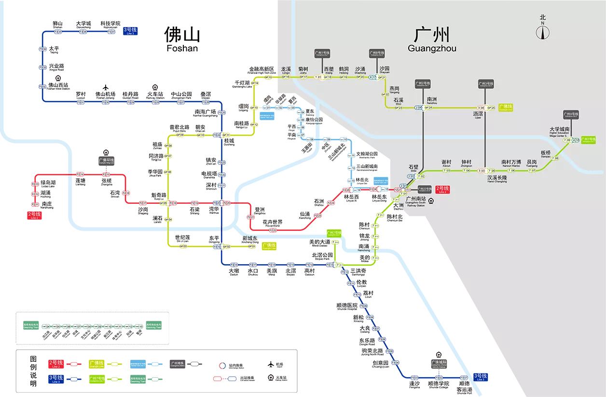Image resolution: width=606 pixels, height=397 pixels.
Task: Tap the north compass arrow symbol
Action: click(x=543, y=32)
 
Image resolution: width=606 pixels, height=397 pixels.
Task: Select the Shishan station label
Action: click(x=57, y=25)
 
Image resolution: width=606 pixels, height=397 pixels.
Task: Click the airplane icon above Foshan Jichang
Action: click(x=105, y=87)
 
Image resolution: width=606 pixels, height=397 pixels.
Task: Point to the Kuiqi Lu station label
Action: click(x=158, y=196)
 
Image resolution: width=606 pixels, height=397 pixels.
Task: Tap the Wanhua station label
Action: click(x=214, y=211)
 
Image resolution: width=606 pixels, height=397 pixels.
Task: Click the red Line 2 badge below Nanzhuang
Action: click(x=34, y=215)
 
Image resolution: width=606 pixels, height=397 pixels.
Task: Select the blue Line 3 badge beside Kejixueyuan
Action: click(x=130, y=30)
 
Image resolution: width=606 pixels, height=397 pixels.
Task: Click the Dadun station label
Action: click(x=234, y=272)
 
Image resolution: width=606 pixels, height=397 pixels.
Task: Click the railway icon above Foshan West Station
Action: click(x=58, y=78)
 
